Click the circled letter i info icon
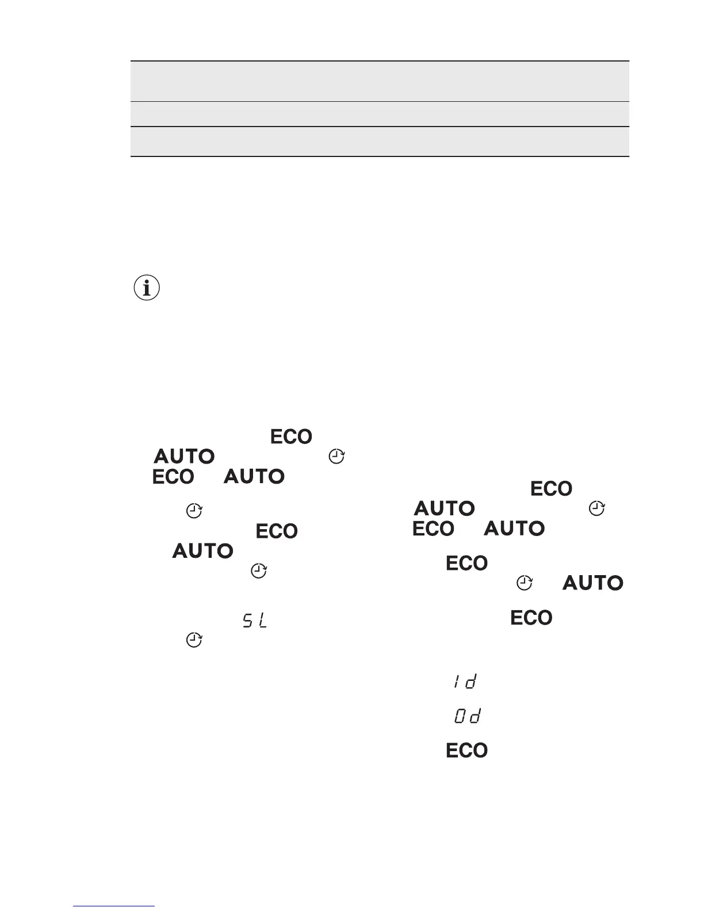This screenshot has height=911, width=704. click(x=147, y=288)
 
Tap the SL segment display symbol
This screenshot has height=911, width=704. click(x=255, y=621)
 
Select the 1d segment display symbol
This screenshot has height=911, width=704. click(x=464, y=683)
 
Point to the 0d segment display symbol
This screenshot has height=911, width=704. click(x=467, y=717)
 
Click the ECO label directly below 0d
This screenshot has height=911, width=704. click(x=467, y=751)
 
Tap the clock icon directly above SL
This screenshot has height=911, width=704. click(x=259, y=571)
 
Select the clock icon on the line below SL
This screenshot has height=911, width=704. click(x=194, y=640)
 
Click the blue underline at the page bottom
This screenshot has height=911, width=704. click(x=114, y=906)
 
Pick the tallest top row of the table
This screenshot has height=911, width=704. click(x=380, y=81)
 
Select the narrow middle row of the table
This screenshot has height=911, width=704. click(x=380, y=114)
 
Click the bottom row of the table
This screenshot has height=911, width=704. click(x=380, y=141)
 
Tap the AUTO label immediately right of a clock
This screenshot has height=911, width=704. click(x=593, y=583)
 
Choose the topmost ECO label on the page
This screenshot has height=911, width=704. click(x=291, y=437)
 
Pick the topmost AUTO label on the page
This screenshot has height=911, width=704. click(x=184, y=457)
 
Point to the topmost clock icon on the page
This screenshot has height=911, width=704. click(x=336, y=457)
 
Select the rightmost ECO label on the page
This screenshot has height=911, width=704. click(x=551, y=489)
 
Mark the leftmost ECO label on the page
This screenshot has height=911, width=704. click(x=173, y=477)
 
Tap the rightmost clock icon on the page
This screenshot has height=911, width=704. click(x=598, y=508)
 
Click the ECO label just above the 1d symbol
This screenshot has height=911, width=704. click(x=531, y=618)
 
